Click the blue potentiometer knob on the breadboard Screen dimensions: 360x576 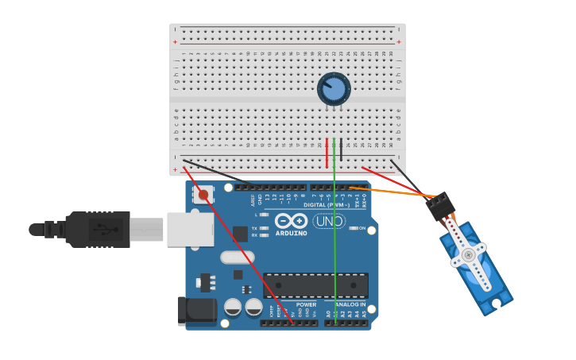click(334, 88)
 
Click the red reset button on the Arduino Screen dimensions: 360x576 click(203, 195)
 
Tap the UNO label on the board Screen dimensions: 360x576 click(329, 221)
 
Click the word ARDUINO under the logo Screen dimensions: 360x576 click(291, 233)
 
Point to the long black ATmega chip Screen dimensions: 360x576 click(315, 285)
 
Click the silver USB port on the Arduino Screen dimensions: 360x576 click(190, 229)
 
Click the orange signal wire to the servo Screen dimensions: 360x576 click(397, 192)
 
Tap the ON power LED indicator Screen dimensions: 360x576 click(352, 228)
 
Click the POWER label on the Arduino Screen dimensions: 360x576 click(306, 304)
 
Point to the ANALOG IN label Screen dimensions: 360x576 click(350, 304)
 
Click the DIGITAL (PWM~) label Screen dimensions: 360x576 click(327, 205)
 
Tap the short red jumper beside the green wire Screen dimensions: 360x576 click(327, 154)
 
